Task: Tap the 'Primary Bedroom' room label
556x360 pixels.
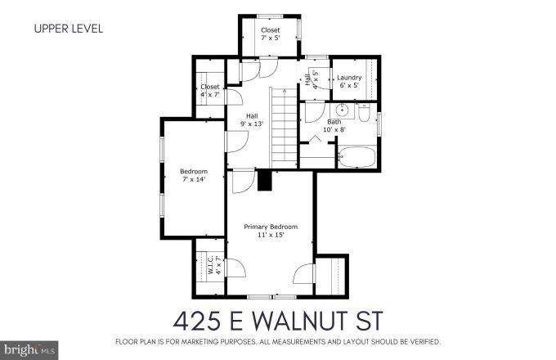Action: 271,227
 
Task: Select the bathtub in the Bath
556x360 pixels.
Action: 356,156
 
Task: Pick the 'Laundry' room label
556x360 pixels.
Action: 349,78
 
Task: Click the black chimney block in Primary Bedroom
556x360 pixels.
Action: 264,181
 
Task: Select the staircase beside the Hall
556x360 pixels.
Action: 282,127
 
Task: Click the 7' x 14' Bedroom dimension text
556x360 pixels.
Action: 194,178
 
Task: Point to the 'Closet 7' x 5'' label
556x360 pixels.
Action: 270,34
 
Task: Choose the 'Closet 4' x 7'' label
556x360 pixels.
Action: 210,90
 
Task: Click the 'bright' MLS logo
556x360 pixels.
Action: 22,349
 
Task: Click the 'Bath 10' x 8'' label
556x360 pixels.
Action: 334,125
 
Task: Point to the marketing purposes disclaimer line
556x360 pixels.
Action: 278,340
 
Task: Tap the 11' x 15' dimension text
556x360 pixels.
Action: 271,234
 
